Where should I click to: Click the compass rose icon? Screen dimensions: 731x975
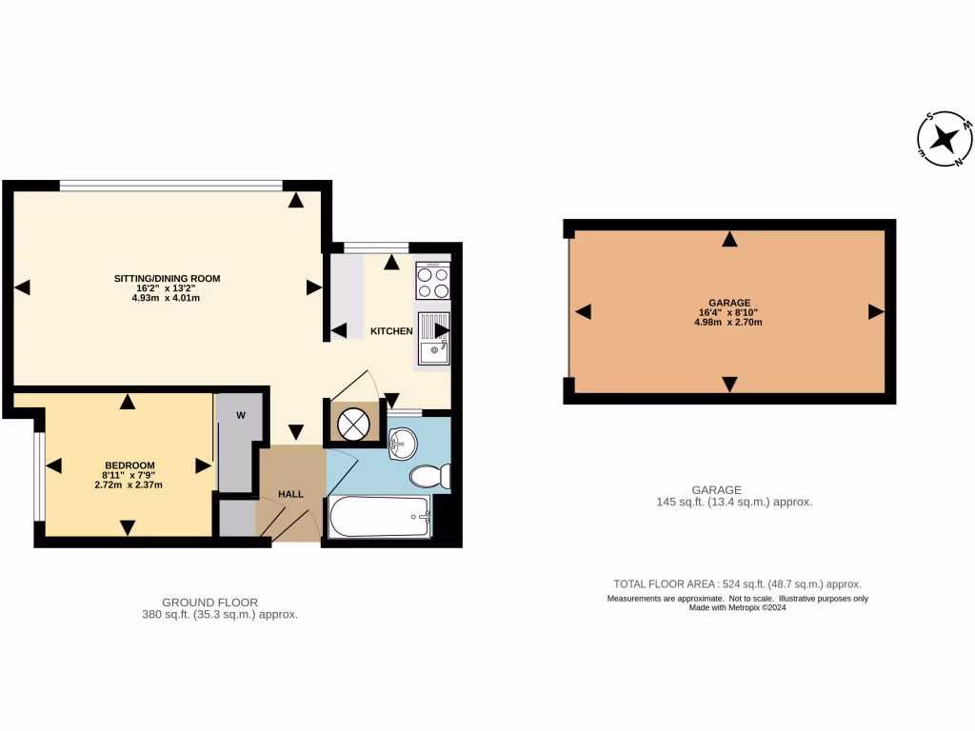945,140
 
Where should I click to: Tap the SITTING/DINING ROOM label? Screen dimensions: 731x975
167,279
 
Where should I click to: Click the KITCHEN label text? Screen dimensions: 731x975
391,331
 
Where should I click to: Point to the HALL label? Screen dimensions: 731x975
290,494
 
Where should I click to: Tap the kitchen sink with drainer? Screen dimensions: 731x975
433,339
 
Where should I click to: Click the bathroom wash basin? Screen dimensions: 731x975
403,440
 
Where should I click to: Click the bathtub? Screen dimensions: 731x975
379,518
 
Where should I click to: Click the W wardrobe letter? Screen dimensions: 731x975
241,415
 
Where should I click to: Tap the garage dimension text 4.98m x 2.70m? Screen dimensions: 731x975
728,323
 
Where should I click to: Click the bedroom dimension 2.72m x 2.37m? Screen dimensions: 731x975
129,484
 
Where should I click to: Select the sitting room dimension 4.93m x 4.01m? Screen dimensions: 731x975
167,298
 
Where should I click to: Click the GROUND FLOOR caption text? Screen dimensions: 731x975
209,602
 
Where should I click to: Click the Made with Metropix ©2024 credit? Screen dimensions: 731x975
738,607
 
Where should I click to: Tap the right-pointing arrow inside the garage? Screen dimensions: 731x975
875,312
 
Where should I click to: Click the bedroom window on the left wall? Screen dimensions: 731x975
39,476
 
